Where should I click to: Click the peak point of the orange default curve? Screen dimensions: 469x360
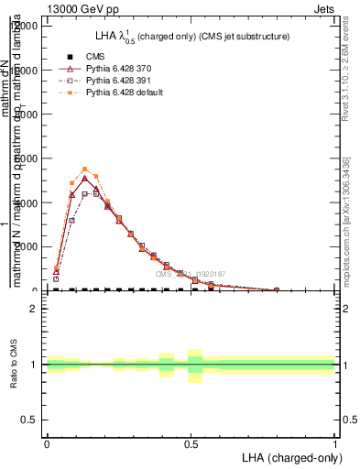point(84,169)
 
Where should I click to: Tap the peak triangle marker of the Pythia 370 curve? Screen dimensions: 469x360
point(84,178)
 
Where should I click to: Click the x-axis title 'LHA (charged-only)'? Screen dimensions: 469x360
point(289,456)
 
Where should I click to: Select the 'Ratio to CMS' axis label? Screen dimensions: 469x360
point(14,365)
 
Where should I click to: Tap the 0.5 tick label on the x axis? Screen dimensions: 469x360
point(191,443)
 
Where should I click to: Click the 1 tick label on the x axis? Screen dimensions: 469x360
point(335,443)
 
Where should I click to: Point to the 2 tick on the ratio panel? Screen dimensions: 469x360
point(34,310)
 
